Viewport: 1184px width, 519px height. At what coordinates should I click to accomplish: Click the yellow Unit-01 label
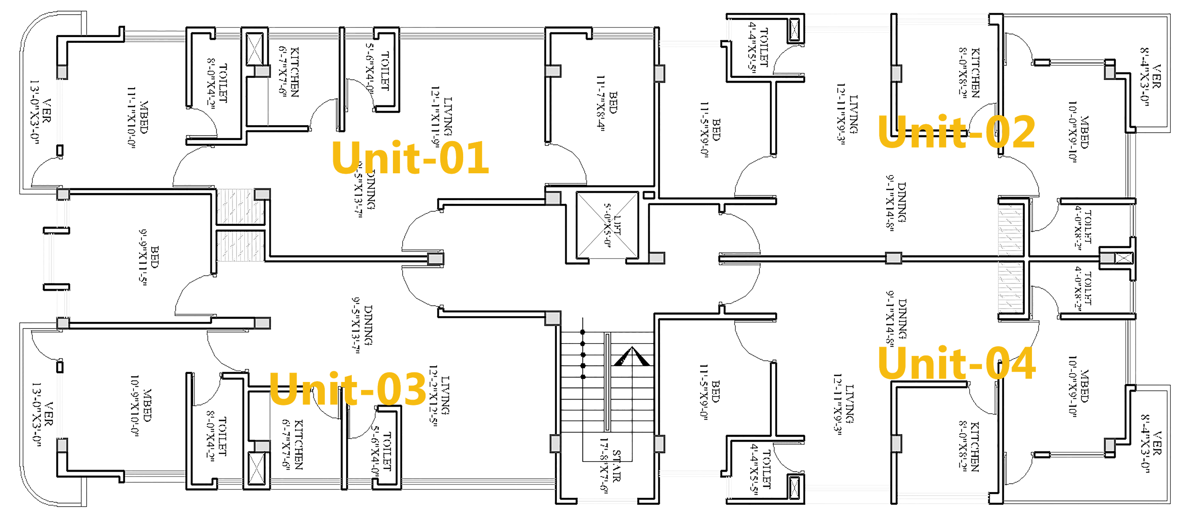pos(410,157)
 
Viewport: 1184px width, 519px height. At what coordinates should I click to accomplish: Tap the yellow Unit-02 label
pos(956,132)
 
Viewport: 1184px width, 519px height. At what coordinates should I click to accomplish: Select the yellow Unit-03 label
pos(347,389)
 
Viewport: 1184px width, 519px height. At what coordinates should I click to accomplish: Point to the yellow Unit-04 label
pos(956,363)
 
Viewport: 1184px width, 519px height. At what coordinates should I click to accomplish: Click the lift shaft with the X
pos(607,225)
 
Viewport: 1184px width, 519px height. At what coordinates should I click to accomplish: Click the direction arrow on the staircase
pos(631,356)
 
